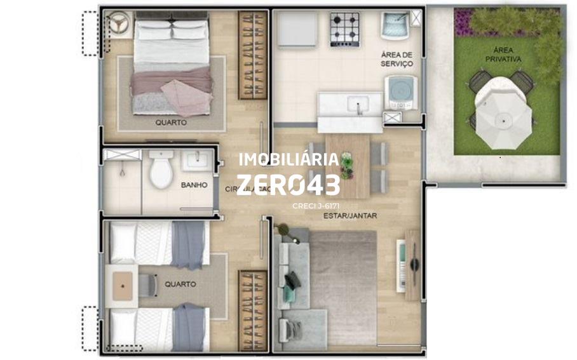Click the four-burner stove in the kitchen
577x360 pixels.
(x=344, y=29)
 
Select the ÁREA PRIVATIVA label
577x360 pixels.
(x=503, y=54)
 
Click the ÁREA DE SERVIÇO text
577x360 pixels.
(x=397, y=60)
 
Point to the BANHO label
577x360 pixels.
(x=194, y=185)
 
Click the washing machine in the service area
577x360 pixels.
(x=403, y=91)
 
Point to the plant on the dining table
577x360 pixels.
(x=346, y=166)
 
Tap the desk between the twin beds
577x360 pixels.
(x=122, y=286)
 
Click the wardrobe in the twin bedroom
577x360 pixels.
(x=252, y=310)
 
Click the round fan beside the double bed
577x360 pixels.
(x=118, y=23)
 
